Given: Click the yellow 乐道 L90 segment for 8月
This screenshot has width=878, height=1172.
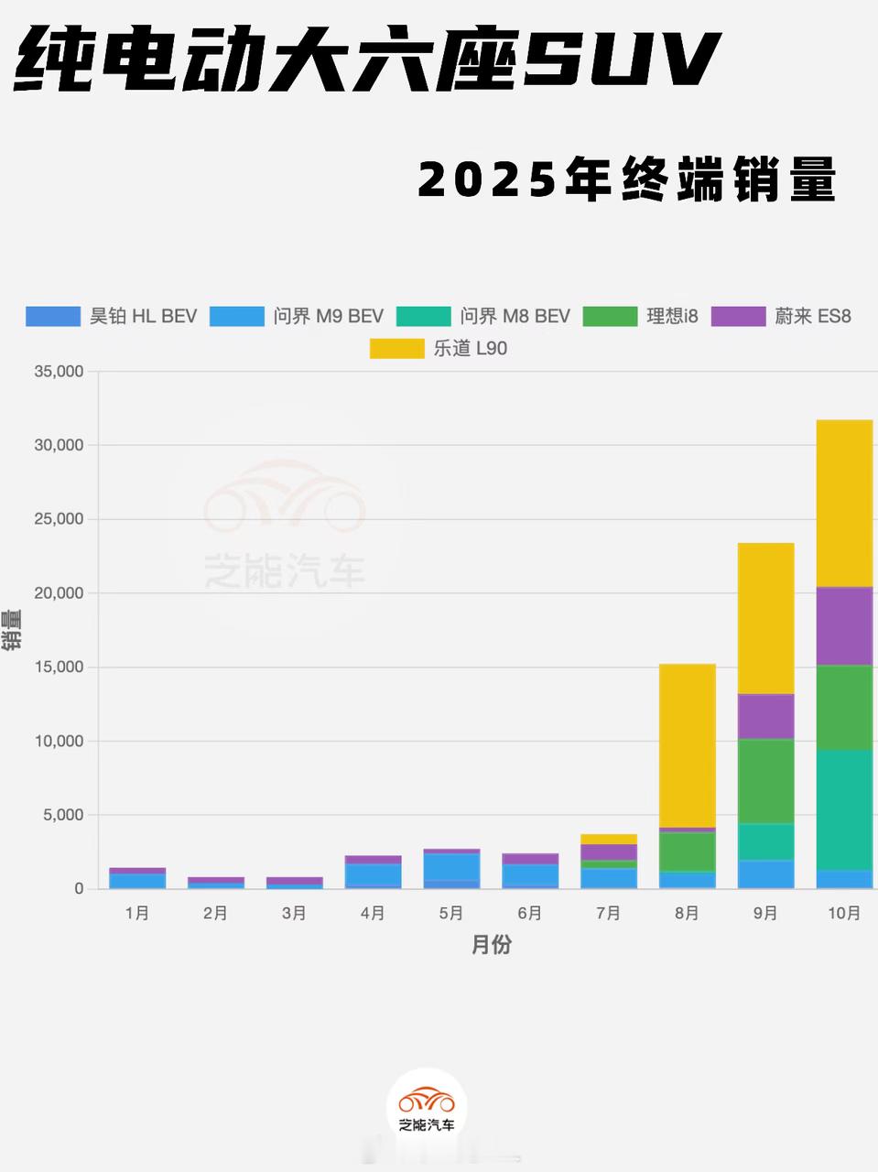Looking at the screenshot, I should [x=687, y=745].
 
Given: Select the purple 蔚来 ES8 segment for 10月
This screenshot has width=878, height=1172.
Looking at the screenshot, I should [x=843, y=625].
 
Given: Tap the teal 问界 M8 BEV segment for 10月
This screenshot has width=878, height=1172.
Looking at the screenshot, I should [x=843, y=809].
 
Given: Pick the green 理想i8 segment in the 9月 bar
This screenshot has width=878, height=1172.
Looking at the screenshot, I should [x=765, y=781].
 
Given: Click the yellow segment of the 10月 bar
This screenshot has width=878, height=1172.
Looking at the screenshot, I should [x=843, y=503].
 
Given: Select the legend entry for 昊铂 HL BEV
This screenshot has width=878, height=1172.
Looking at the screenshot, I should [x=112, y=317].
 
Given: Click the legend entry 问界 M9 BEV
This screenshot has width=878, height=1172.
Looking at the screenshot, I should [x=297, y=317].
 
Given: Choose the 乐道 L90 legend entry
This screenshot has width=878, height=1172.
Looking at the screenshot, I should [x=439, y=349].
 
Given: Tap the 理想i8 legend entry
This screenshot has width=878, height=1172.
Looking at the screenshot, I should [x=641, y=317].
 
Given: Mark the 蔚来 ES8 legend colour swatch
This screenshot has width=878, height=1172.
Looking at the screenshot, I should [x=739, y=317].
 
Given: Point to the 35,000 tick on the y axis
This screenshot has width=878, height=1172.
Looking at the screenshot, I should [x=58, y=372].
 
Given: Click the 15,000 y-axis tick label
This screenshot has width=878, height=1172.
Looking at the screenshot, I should [x=58, y=667].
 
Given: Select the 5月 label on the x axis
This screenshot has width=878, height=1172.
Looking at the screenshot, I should [x=451, y=914].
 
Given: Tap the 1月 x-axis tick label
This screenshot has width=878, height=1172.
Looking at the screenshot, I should [x=137, y=914].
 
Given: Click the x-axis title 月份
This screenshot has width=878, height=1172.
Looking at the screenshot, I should [x=491, y=946].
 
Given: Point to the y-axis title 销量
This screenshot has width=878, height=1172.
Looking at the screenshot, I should [x=12, y=630].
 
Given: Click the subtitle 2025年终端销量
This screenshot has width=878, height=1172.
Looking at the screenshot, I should [x=627, y=179].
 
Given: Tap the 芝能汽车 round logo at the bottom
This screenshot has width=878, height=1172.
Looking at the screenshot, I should [x=427, y=1108].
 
